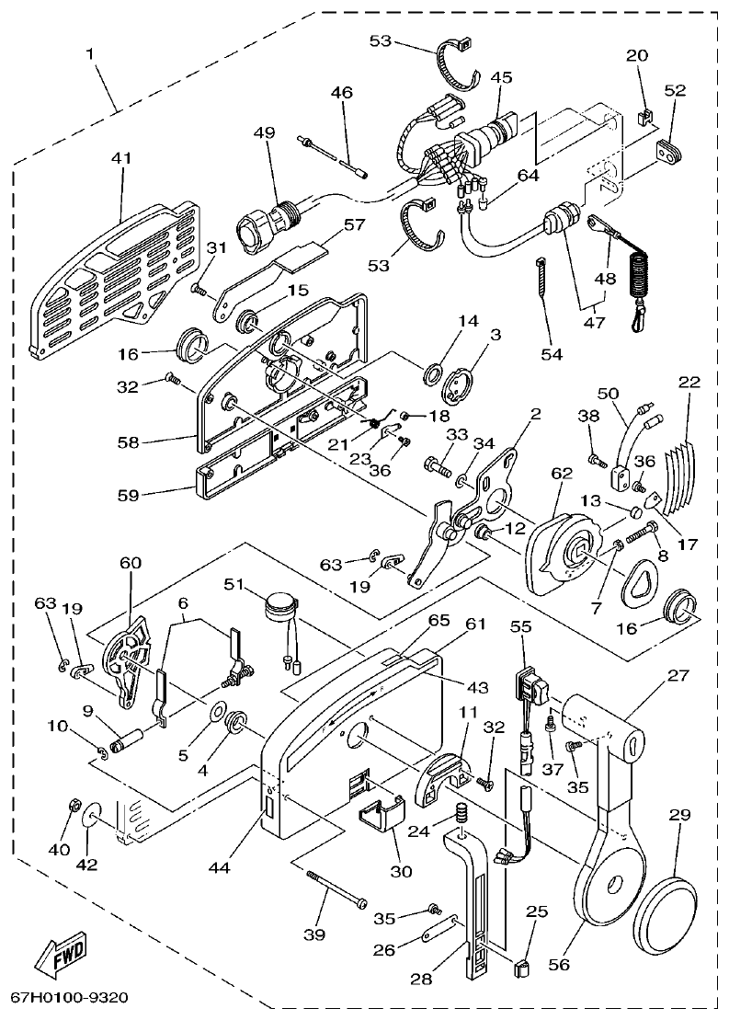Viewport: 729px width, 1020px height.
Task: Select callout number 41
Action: tap(121, 158)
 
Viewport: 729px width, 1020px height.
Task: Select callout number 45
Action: tap(501, 77)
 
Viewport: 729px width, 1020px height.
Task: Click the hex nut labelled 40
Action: tap(73, 808)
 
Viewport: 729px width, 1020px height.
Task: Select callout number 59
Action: tap(128, 495)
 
